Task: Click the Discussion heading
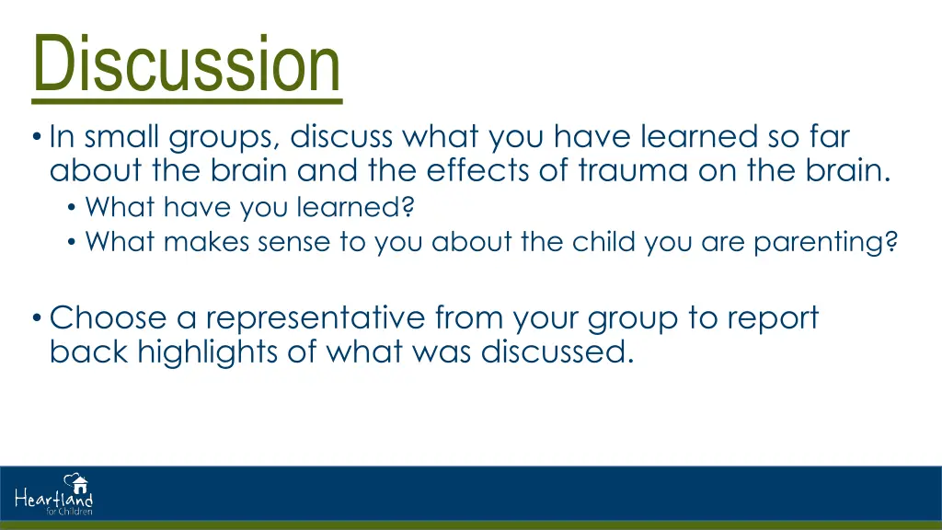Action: (186, 63)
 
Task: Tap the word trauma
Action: (633, 170)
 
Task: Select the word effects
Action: (477, 170)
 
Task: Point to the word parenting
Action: (825, 243)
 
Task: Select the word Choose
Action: (109, 317)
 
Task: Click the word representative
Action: (316, 318)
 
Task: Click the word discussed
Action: (557, 351)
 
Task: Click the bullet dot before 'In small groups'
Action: (37, 137)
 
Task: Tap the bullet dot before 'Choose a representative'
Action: (37, 317)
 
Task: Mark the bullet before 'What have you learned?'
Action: (72, 208)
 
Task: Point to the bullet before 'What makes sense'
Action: (72, 243)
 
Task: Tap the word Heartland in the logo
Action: (53, 498)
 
